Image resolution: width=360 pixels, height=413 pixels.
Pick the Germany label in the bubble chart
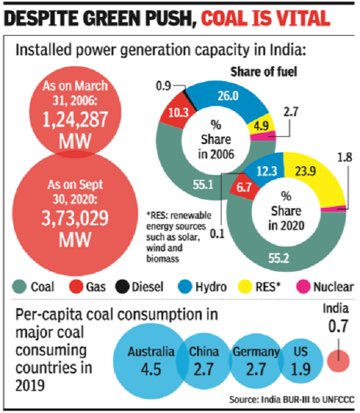(256, 352)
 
